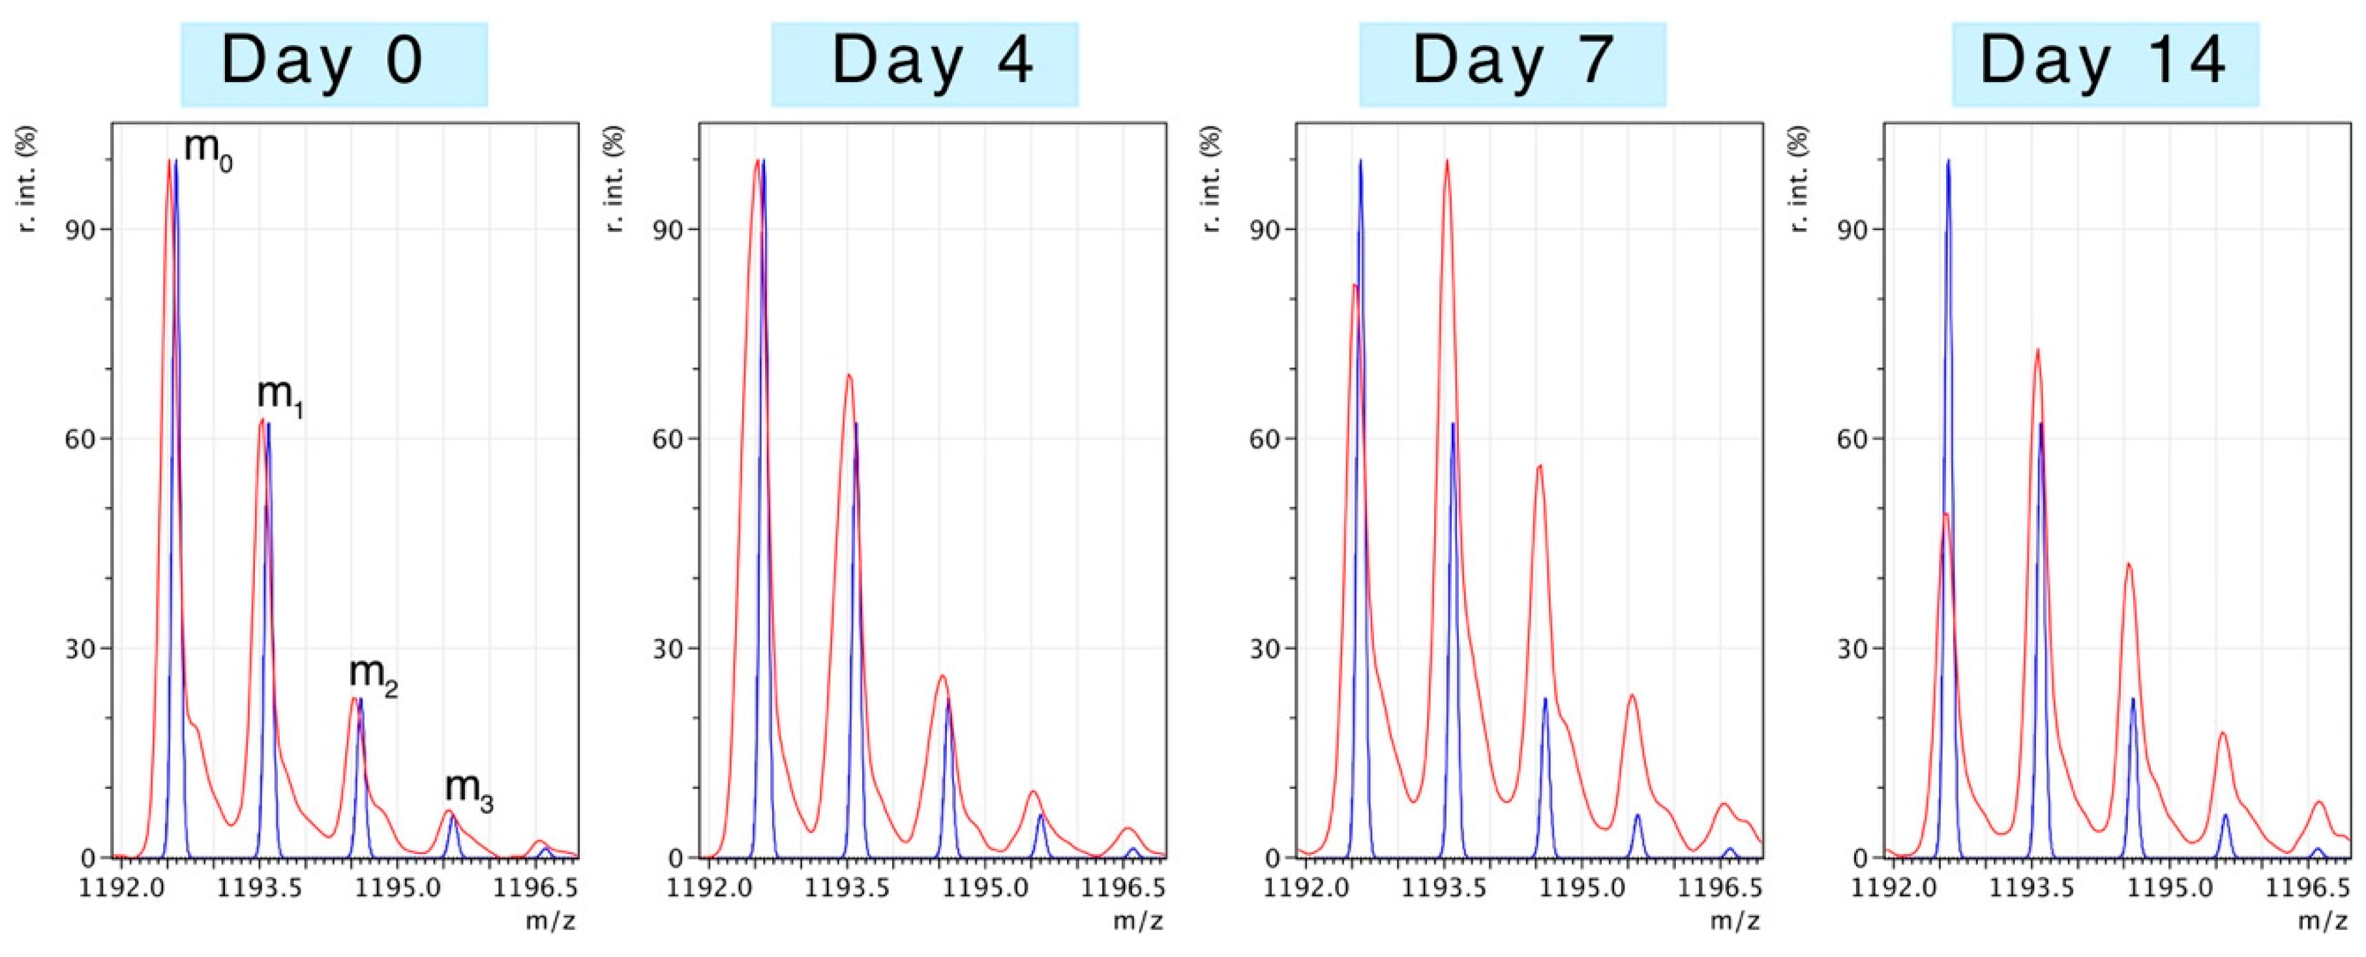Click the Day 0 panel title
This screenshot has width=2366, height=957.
coord(333,63)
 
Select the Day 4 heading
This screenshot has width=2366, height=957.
coord(924,63)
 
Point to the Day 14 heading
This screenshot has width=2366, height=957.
coord(2104,63)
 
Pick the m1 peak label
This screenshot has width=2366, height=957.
coord(280,396)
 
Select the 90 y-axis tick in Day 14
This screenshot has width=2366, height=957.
coord(1851,229)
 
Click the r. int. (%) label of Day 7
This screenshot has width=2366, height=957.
coord(1215,179)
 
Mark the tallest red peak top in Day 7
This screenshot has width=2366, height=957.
coord(1446,161)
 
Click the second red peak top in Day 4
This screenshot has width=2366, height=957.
coord(848,375)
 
